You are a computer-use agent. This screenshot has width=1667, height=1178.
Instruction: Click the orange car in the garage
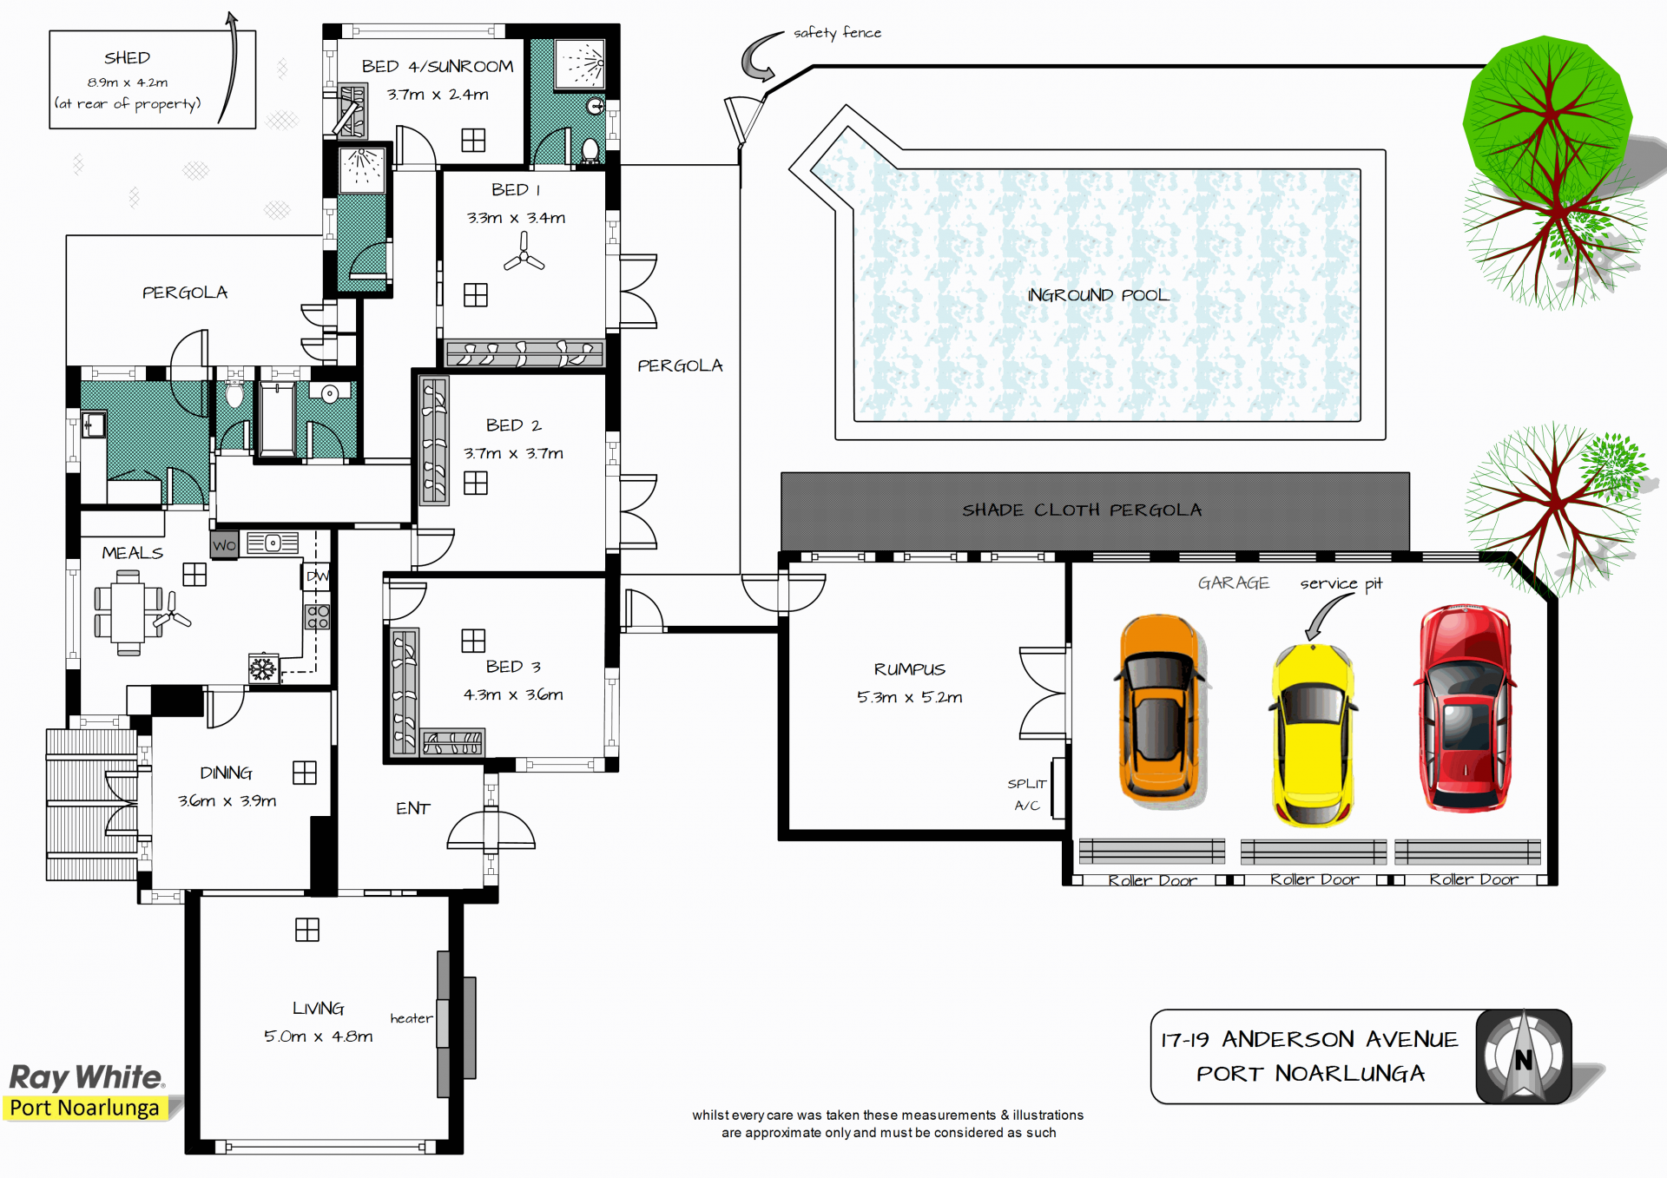1159,707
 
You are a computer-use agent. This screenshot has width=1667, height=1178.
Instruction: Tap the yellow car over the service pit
1312,734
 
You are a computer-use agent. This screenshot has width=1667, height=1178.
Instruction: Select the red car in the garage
1465,708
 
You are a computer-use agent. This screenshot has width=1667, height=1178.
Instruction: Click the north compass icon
1524,1056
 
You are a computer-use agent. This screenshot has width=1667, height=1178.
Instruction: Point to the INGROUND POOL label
1098,295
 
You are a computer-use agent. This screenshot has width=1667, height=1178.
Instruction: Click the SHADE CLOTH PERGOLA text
1082,510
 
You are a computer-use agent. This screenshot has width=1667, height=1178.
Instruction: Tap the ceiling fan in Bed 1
524,252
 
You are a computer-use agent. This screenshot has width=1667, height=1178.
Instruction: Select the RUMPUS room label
909,668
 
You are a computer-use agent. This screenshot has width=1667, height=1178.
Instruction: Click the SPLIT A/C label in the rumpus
1027,794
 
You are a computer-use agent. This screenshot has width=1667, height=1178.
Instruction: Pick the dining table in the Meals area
128,613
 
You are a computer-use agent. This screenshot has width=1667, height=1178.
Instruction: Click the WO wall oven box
224,544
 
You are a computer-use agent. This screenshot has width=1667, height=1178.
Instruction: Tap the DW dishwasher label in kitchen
317,576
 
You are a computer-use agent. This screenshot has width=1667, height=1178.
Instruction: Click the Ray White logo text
86,1077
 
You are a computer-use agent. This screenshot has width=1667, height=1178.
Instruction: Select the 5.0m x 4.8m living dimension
318,1036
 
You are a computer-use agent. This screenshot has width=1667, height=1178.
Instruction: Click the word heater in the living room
411,1017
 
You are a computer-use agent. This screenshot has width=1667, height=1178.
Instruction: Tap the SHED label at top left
127,57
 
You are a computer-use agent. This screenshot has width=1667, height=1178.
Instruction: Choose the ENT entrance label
413,808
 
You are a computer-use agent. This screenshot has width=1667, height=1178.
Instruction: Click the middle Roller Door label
1314,879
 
